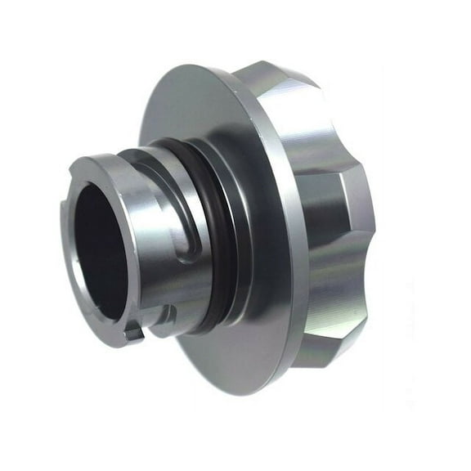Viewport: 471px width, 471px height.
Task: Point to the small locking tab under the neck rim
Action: (132, 331)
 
